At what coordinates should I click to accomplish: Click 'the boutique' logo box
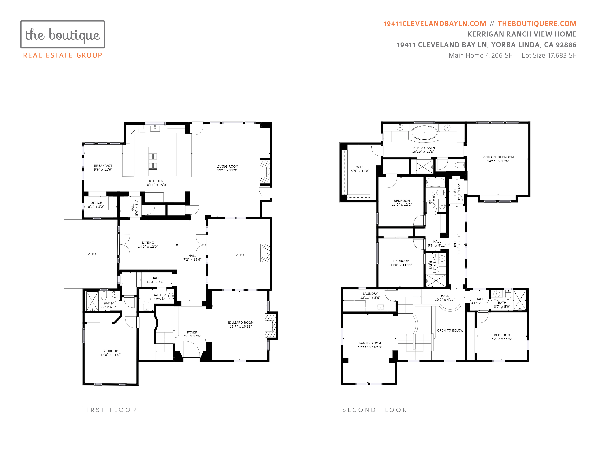[63, 34]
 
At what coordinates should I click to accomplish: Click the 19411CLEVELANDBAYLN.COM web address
[435, 24]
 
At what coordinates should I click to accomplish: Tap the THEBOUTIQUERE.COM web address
[537, 24]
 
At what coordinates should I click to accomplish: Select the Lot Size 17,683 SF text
[549, 56]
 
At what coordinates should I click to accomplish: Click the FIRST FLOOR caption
[109, 410]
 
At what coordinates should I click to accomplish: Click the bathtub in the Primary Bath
[424, 133]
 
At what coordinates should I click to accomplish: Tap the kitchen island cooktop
[153, 161]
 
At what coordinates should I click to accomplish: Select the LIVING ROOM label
[227, 166]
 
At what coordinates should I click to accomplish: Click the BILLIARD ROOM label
[241, 323]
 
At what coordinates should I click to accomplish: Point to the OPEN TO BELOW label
[450, 330]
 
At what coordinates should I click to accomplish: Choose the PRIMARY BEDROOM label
[498, 157]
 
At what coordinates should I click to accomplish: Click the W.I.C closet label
[360, 167]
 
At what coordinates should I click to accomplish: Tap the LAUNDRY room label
[370, 294]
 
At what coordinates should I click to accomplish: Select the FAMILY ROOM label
[370, 343]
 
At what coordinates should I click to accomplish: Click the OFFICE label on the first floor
[96, 203]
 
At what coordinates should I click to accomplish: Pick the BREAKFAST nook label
[103, 166]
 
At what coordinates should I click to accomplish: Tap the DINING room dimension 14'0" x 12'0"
[148, 247]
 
